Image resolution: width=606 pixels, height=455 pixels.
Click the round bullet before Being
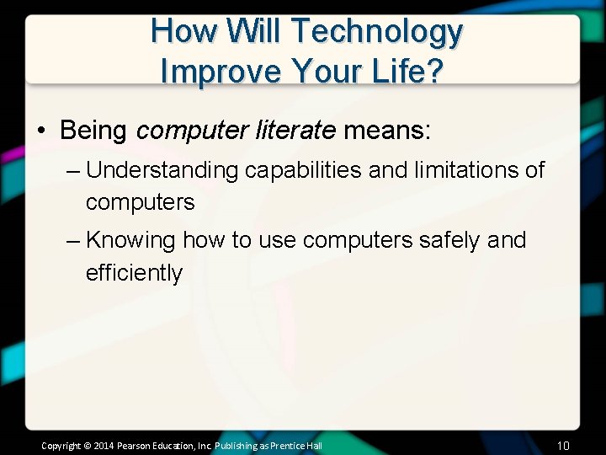coord(40,131)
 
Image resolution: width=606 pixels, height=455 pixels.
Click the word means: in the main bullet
coord(386,131)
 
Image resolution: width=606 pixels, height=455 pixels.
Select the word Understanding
coord(162,170)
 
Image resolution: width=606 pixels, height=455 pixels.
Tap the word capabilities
coord(304,170)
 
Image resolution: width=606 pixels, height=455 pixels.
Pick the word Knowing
coord(130,240)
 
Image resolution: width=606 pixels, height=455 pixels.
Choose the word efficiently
coord(134,273)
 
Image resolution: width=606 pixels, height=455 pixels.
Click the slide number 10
coord(563,444)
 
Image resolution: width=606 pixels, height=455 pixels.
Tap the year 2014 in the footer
coord(103,445)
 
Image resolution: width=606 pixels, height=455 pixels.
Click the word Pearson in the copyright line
coord(135,445)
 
